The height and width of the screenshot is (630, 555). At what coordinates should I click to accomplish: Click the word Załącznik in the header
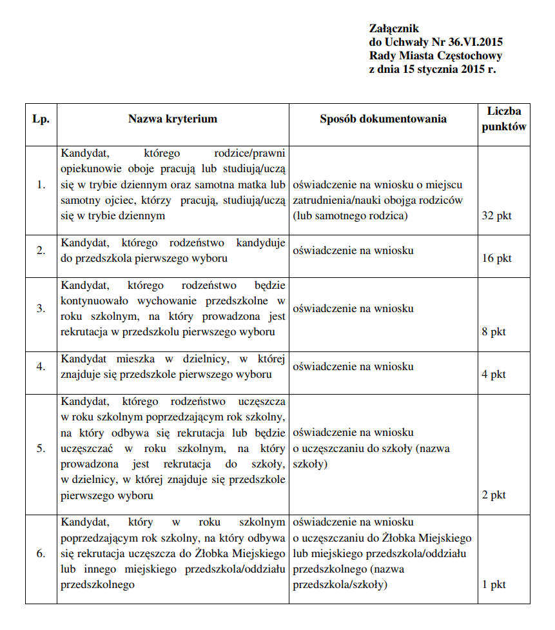pos(394,28)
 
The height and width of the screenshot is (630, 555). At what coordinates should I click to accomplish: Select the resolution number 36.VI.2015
pos(474,42)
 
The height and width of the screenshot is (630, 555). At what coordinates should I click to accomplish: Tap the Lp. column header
pos(41,119)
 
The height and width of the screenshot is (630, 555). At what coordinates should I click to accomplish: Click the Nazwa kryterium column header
pos(172,119)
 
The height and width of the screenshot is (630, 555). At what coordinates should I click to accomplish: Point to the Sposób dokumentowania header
pos(383,119)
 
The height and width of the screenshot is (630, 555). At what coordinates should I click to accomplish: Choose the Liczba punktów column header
pos(503,119)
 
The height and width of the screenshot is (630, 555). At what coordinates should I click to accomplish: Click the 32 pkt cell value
pos(496,215)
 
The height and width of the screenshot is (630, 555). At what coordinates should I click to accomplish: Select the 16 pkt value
pos(496,258)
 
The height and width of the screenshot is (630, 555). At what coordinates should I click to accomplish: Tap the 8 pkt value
pos(494,332)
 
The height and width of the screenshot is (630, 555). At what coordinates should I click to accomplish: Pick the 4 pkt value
pos(494,374)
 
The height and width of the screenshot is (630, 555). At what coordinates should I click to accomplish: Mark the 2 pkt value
pos(494,495)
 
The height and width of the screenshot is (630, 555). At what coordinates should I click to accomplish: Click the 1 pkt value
pos(494,584)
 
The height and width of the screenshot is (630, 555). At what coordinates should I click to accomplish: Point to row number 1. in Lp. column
pos(41,185)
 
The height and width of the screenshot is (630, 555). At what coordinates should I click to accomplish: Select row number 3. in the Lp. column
pos(41,308)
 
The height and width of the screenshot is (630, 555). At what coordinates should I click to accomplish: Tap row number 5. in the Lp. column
pos(41,448)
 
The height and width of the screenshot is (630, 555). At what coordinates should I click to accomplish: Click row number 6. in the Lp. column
pos(41,553)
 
